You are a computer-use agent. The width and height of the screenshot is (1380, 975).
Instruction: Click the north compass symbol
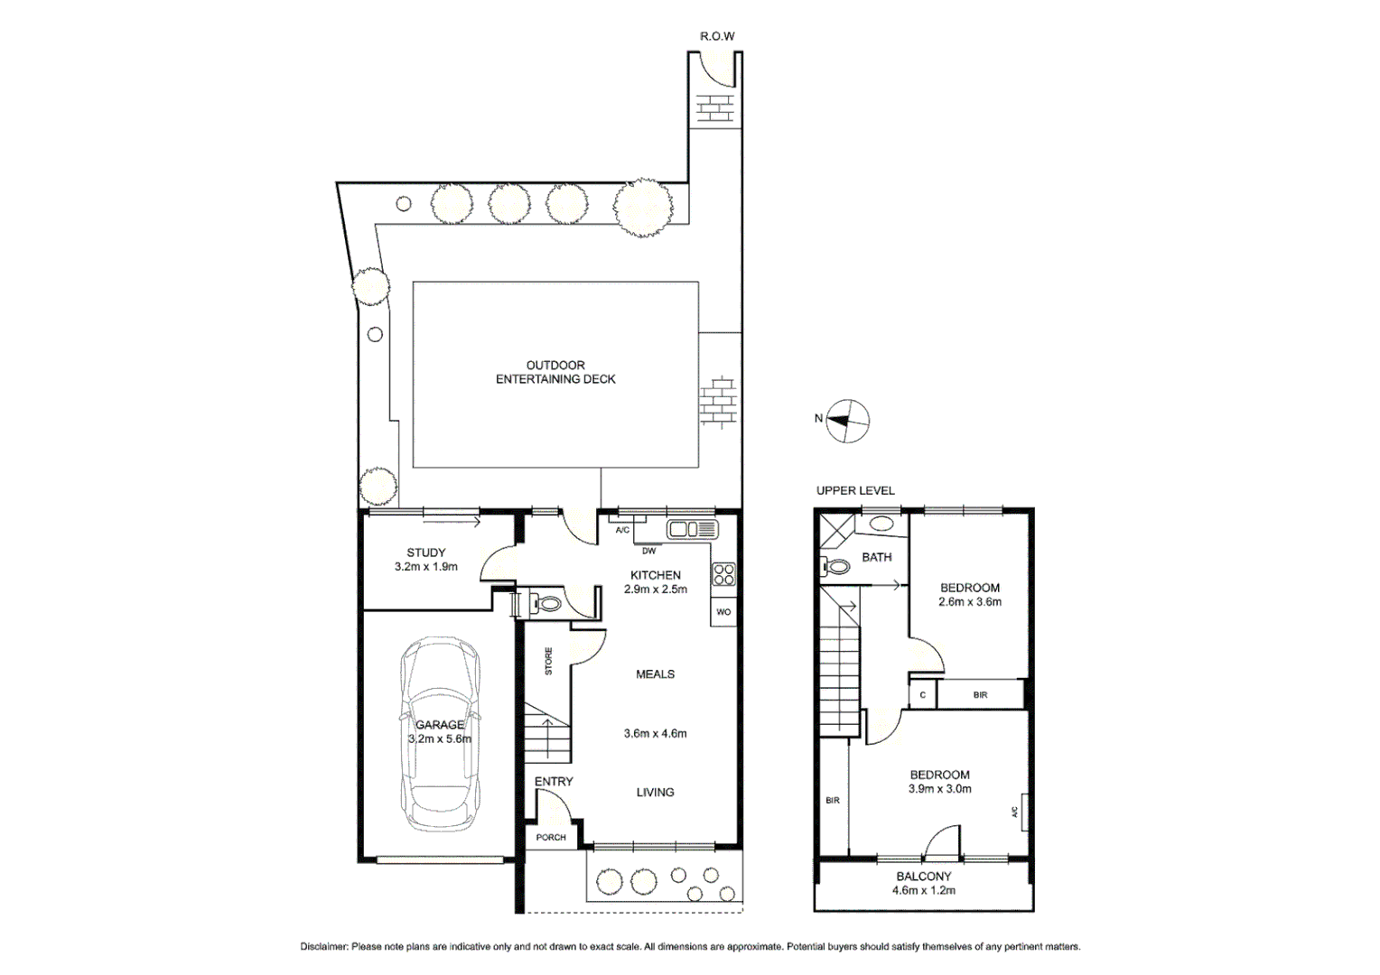tap(848, 420)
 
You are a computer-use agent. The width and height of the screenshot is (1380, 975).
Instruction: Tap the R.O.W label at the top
tap(717, 36)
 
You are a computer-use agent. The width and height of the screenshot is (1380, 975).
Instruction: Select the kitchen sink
tap(692, 529)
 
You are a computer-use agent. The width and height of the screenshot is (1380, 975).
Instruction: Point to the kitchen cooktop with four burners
tap(724, 575)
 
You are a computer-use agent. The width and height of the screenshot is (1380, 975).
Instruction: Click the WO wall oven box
tap(723, 612)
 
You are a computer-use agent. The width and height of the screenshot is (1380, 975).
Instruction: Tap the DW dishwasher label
tap(648, 551)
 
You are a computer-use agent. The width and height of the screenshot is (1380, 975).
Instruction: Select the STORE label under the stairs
tap(548, 662)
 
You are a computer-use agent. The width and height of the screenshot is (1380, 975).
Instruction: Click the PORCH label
tap(551, 837)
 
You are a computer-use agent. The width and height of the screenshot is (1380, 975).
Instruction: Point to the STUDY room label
tap(425, 552)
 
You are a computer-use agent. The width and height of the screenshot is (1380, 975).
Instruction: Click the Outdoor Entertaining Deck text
tap(555, 372)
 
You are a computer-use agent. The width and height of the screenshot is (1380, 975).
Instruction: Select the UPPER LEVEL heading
tap(855, 490)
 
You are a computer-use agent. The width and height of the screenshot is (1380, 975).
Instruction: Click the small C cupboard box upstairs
tap(922, 695)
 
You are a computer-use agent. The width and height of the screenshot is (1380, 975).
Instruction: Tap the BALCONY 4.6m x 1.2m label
tap(924, 883)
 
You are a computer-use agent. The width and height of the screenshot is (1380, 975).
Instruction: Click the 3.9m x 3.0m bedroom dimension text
tap(940, 788)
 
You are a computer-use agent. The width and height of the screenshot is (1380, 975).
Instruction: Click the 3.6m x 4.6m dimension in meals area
tap(655, 733)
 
